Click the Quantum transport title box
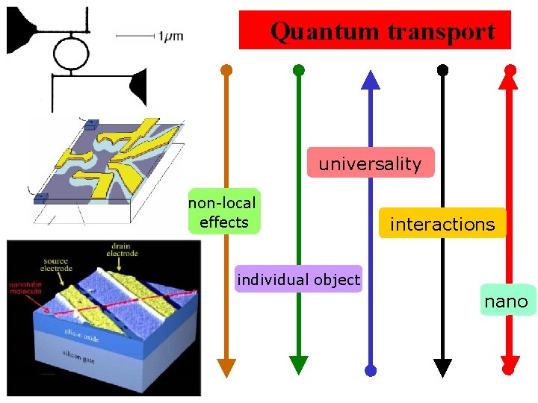[374, 31]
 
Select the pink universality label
[370, 163]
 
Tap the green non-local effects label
[222, 212]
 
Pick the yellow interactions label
[442, 224]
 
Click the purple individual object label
[298, 280]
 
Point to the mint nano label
[506, 302]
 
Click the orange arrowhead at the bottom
[226, 366]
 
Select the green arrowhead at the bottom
[298, 364]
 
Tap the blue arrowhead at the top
[371, 79]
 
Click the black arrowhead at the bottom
[442, 366]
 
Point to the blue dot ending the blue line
[371, 370]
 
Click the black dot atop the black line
[442, 71]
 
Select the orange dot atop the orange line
[226, 71]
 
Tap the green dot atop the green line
[298, 71]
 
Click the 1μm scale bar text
[170, 35]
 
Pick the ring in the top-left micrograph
[72, 51]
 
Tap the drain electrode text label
[125, 249]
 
